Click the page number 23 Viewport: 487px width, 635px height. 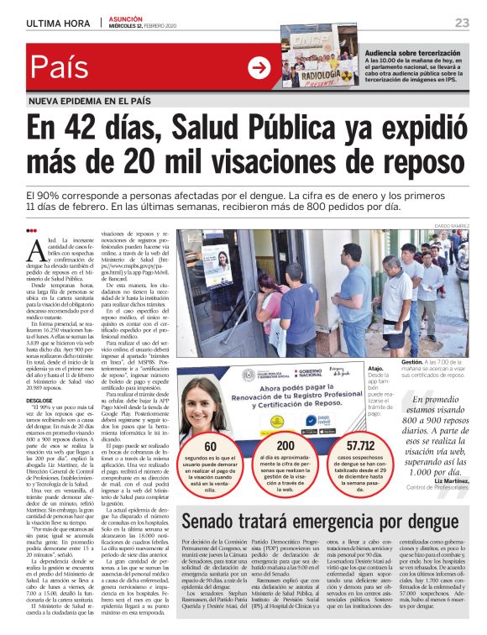click(462, 22)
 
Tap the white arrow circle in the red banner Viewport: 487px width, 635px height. click(259, 67)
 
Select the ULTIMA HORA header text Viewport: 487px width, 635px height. click(59, 23)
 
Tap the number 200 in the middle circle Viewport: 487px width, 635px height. click(285, 447)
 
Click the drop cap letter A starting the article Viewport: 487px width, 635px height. click(34, 249)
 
